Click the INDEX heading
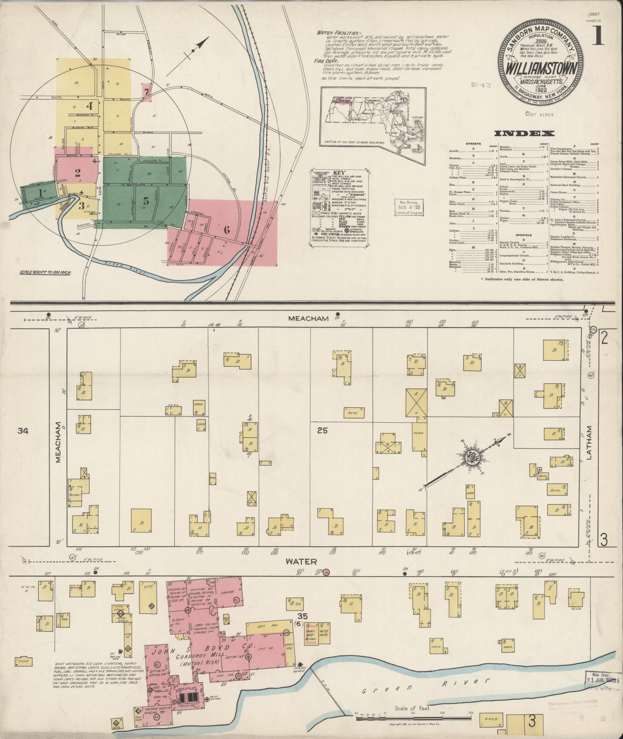tap(525, 134)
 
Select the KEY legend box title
tap(338, 173)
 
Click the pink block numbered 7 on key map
tap(146, 92)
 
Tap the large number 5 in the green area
tap(146, 201)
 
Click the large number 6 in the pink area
tap(227, 229)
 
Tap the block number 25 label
tap(322, 430)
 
